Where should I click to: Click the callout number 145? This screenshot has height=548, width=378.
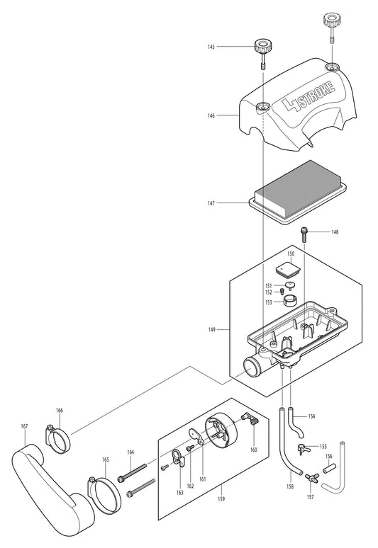pos(211,47)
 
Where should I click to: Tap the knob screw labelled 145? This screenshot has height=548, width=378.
pos(260,50)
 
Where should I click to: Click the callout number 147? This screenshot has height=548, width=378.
pos(211,203)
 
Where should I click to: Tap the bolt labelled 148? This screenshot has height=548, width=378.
pos(304,232)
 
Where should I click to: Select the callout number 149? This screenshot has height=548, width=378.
pos(211,329)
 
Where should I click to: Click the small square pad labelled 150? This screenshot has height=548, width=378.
pos(287,270)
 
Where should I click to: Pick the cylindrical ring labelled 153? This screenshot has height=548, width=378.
pos(290,302)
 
